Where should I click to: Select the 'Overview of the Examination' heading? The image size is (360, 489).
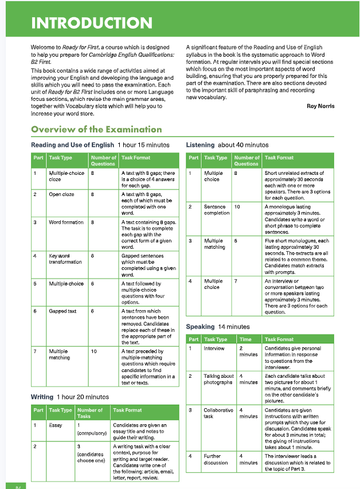coord(96,129)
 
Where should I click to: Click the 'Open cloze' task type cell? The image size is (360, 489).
coord(61,194)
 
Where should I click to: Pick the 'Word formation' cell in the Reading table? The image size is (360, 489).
coord(66,222)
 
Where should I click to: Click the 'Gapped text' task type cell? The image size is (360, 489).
coord(62,311)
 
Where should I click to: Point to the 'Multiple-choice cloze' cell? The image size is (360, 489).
coord(66,175)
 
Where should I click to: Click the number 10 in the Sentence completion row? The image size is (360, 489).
coord(237,206)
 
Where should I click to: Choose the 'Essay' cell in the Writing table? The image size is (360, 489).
coord(56,425)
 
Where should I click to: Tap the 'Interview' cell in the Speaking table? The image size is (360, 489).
coord(214,348)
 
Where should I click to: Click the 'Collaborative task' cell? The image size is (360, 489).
coord(218,413)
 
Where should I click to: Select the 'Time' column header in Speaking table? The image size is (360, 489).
coord(245,339)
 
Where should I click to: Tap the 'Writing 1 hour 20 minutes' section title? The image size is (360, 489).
coord(69,397)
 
